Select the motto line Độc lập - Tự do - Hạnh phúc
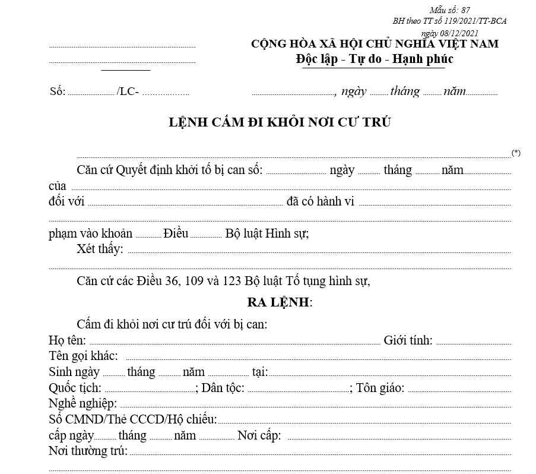(x=375, y=59)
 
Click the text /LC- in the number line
(x=128, y=91)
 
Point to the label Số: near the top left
(x=58, y=91)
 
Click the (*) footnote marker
(x=516, y=153)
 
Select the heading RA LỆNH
(x=278, y=302)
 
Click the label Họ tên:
(x=67, y=340)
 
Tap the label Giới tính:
(x=408, y=340)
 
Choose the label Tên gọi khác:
(x=83, y=356)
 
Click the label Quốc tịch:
(x=75, y=388)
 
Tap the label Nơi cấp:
(x=259, y=435)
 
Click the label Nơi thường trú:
(x=88, y=451)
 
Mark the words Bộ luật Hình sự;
(x=267, y=233)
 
